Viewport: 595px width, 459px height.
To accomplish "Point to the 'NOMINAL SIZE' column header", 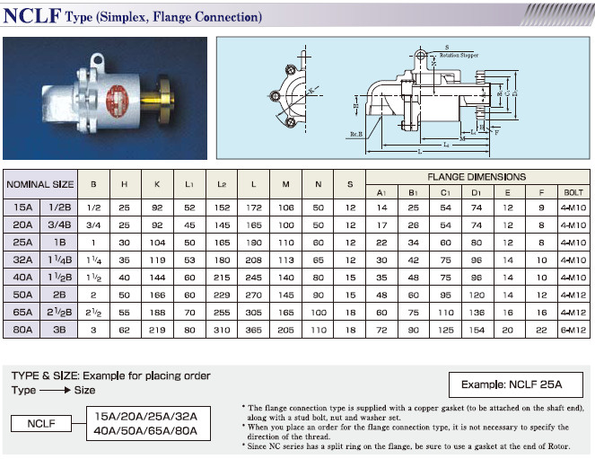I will [x=40, y=184].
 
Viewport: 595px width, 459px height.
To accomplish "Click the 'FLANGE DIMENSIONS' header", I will [x=477, y=177].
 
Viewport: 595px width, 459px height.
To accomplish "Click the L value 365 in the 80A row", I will [x=255, y=331].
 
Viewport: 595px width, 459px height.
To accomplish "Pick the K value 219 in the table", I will [x=157, y=331].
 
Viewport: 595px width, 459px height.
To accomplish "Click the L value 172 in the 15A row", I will [x=255, y=208].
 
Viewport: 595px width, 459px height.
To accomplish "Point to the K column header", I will [x=157, y=184].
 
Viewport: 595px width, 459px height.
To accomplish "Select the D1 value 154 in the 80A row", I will [x=477, y=331].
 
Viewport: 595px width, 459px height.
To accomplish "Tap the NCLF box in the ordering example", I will [x=42, y=422].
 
